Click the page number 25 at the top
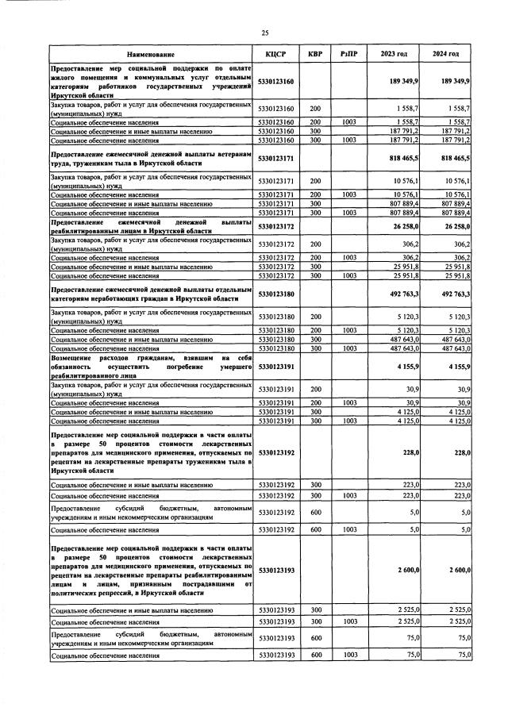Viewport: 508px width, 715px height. coord(265,32)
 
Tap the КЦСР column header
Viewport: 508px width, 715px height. coord(272,54)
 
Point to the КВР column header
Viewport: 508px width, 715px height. coord(314,54)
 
